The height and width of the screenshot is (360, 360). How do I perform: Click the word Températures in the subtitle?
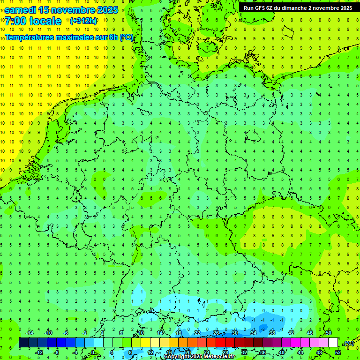(32, 37)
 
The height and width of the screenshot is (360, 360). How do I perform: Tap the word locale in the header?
(45, 21)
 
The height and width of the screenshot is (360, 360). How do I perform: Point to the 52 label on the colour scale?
(338, 352)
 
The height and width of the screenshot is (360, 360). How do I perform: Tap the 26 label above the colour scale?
(216, 333)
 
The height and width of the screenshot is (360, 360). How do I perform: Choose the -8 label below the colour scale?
(56, 352)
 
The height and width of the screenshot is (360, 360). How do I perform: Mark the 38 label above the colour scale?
(272, 333)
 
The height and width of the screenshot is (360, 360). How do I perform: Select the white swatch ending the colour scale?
(333, 343)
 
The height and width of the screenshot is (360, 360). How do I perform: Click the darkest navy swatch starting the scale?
(23, 343)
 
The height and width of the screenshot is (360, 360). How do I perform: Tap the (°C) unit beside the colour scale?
(349, 343)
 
